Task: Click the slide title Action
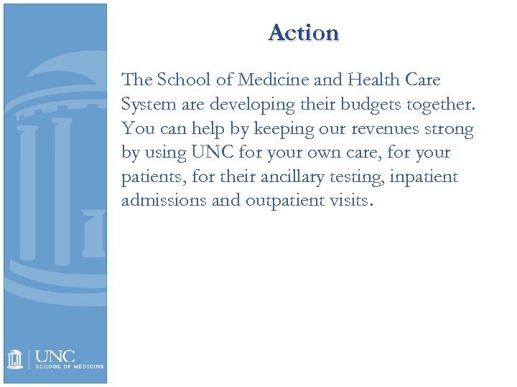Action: point(303,33)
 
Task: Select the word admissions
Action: point(163,200)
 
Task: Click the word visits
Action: point(350,200)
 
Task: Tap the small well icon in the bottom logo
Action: point(15,358)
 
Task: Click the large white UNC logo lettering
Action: point(55,355)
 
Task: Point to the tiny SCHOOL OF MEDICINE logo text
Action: point(70,366)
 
